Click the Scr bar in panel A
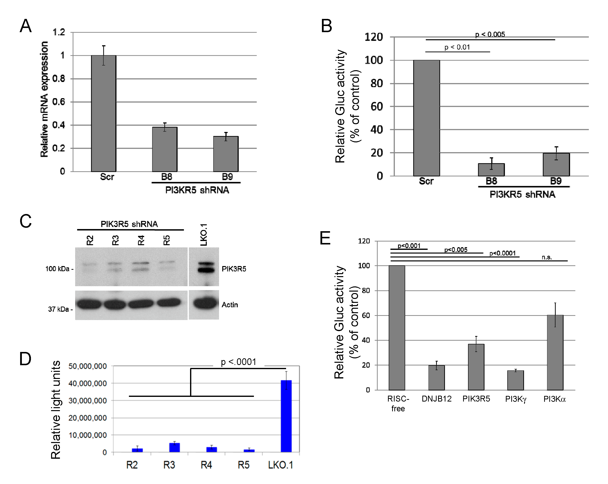103,113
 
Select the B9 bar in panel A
226,154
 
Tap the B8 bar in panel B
491,170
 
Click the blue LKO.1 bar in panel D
286,416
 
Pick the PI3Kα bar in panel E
555,352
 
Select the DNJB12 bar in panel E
437,377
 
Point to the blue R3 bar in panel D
175,447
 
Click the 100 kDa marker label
57,269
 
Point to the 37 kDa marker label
59,309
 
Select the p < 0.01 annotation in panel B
457,47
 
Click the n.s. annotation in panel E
547,257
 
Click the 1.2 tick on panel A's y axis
59,32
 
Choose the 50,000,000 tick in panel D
87,366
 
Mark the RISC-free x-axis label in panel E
398,403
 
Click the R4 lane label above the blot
141,241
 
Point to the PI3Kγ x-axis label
515,399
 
